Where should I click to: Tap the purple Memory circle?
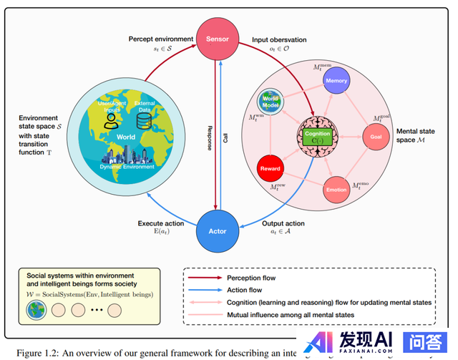click(336, 81)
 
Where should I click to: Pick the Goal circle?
click(376, 136)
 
